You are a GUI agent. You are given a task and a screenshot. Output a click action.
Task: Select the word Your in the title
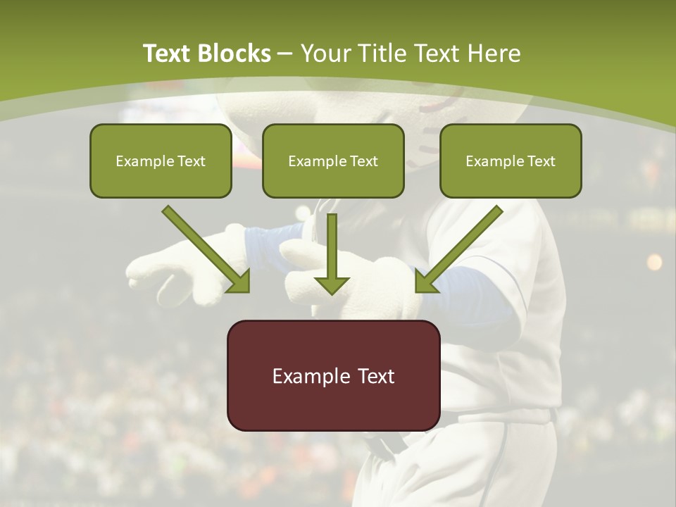coord(324,54)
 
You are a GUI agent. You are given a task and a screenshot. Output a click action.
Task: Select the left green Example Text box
coord(161,161)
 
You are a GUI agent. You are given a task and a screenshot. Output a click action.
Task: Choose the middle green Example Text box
coord(333,161)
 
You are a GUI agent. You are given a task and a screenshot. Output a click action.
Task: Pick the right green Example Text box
coord(511,161)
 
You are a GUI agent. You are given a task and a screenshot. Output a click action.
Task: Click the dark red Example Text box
coord(333,375)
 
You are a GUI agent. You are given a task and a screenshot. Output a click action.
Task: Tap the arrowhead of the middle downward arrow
coord(332,285)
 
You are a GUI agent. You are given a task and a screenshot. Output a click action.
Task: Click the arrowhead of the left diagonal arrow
coord(239,282)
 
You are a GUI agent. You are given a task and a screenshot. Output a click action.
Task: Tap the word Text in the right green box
coord(541,161)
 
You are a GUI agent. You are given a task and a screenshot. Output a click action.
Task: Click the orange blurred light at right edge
coord(654,262)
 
